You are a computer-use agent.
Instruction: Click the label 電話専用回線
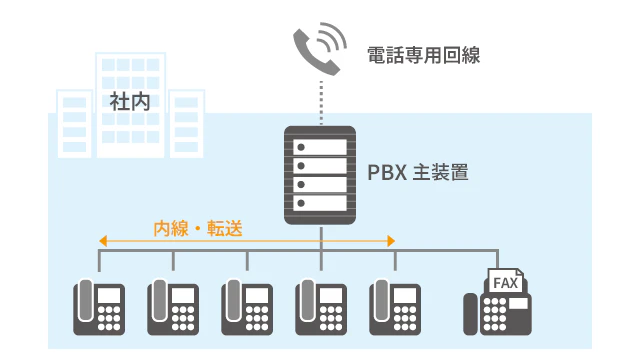423,55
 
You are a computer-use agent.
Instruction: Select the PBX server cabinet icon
321,175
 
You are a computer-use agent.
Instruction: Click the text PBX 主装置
419,173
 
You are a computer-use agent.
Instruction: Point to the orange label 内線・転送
197,227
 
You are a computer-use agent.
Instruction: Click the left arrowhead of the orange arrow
102,241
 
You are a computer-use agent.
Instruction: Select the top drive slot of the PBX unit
321,146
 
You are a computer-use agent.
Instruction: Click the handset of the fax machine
470,313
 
